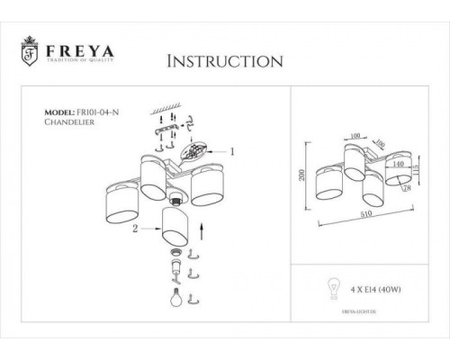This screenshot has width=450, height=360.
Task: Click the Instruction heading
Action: point(224,62)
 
